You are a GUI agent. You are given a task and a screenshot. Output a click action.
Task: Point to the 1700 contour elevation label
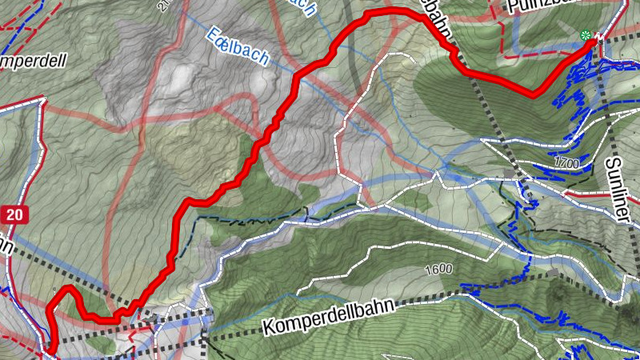[565, 163]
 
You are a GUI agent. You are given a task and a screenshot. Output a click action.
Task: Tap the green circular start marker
[586, 35]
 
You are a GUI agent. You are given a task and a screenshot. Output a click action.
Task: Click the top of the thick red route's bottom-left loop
[69, 287]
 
